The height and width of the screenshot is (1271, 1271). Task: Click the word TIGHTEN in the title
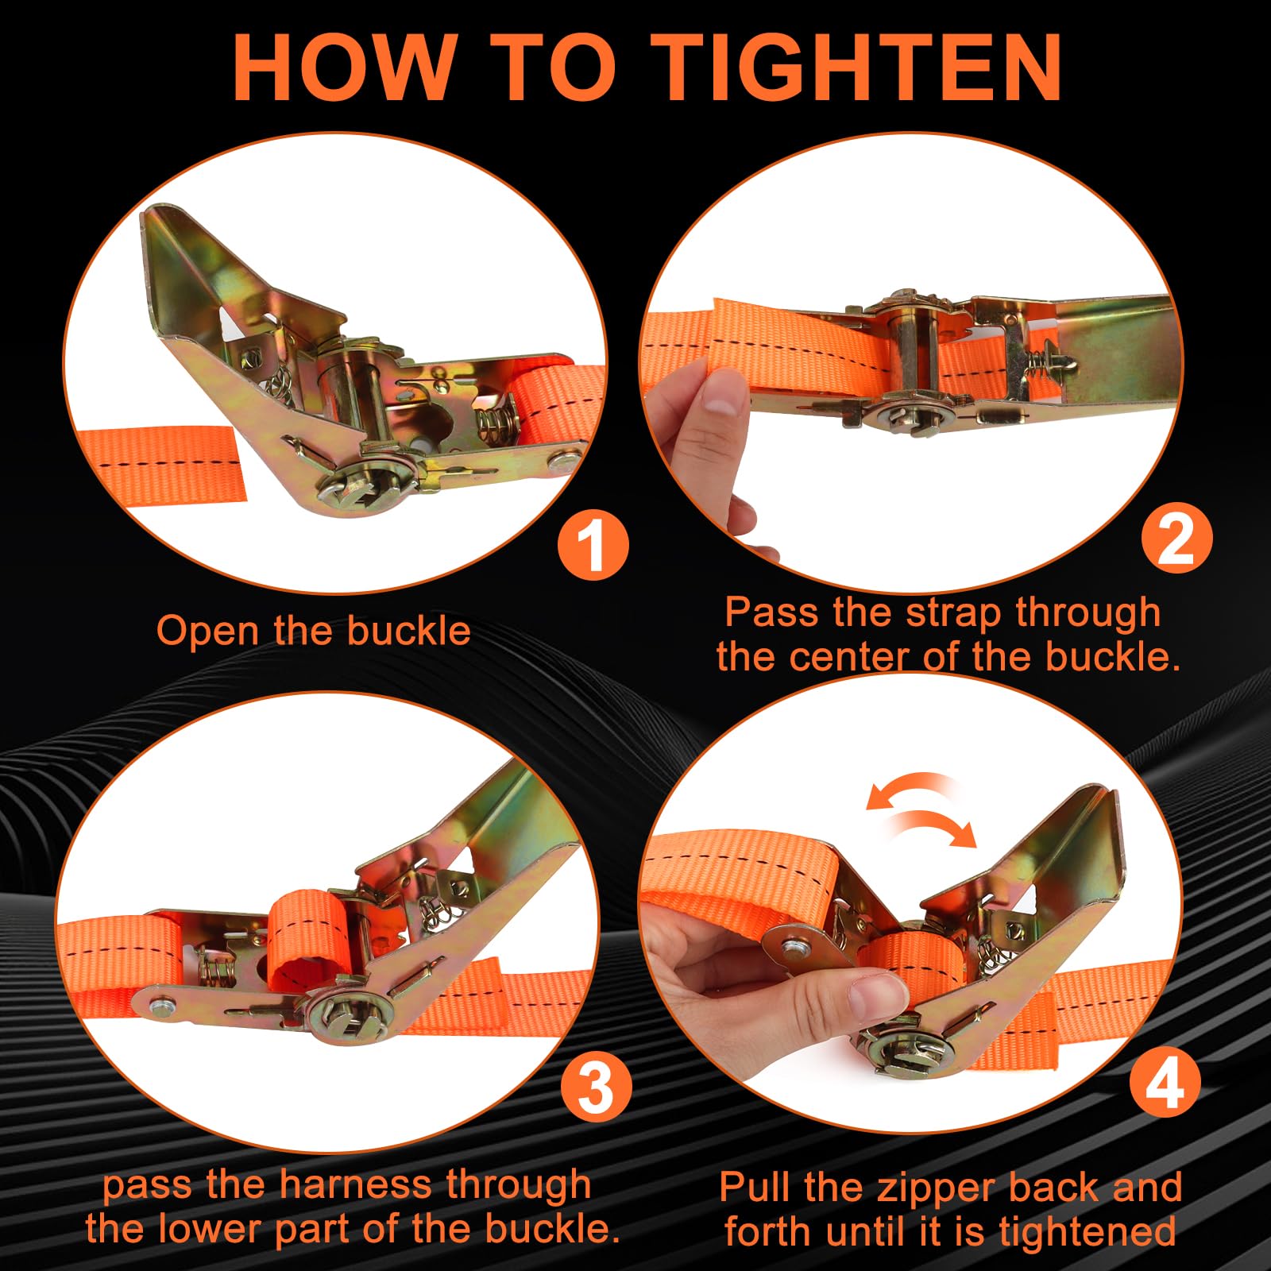coord(861,68)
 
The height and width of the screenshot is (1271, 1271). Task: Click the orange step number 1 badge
coord(593,546)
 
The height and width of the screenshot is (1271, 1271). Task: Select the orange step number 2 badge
coord(1176,538)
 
